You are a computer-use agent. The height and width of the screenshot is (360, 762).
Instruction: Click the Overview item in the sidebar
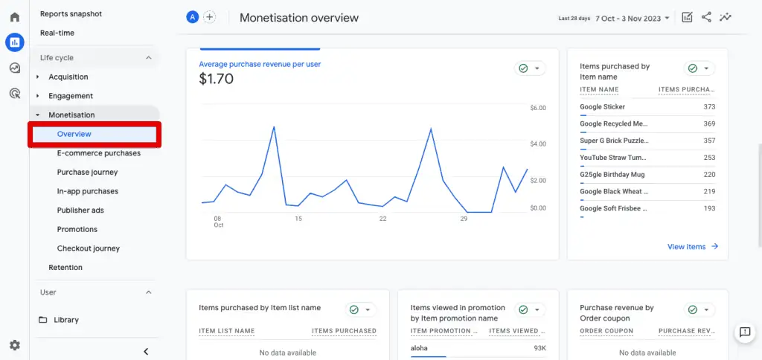click(74, 134)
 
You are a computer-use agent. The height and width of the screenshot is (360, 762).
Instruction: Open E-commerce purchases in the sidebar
click(98, 153)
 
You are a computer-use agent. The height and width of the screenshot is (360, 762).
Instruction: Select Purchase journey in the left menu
click(87, 173)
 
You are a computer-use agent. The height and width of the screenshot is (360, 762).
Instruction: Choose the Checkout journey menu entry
click(88, 248)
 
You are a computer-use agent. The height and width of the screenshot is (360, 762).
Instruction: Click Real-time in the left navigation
click(57, 33)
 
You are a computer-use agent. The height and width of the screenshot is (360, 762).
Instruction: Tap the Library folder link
click(65, 320)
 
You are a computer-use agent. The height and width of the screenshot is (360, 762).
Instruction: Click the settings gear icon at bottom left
click(15, 345)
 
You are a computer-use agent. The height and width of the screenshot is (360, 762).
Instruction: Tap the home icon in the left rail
click(15, 17)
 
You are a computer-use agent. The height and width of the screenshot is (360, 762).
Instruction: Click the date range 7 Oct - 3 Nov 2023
click(632, 18)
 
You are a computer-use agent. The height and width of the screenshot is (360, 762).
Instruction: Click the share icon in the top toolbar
click(706, 17)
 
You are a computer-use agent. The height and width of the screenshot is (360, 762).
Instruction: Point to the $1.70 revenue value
click(217, 78)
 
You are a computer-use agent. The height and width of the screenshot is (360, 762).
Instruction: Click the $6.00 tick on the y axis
click(537, 108)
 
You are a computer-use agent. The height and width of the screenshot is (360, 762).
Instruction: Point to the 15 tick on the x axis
click(298, 219)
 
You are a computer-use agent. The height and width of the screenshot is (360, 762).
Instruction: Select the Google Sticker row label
click(602, 107)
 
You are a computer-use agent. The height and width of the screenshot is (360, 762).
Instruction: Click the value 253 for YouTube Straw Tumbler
click(709, 158)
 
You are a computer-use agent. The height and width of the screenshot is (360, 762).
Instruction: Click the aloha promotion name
click(419, 348)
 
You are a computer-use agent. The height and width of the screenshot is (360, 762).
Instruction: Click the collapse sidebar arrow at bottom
click(146, 352)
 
